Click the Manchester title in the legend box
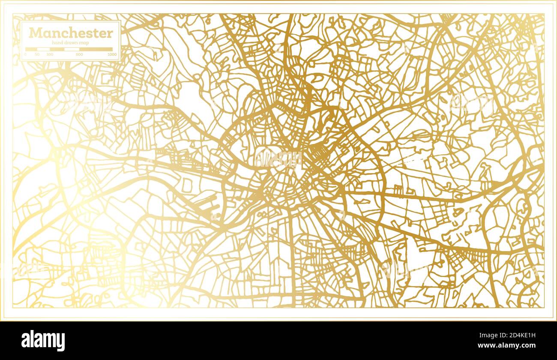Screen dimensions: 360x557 [71, 33]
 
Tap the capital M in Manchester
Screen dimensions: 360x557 [35, 33]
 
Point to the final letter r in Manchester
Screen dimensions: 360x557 [111, 33]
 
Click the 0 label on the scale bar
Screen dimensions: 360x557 [25, 55]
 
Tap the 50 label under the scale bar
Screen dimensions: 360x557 [37, 55]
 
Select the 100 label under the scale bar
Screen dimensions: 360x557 [50, 55]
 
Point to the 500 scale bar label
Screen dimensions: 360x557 [79, 55]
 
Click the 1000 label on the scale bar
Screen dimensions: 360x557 [112, 55]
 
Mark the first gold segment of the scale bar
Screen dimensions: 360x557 [31, 49]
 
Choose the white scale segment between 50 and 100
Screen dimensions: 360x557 [43, 49]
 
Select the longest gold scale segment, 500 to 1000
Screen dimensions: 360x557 [96, 49]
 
